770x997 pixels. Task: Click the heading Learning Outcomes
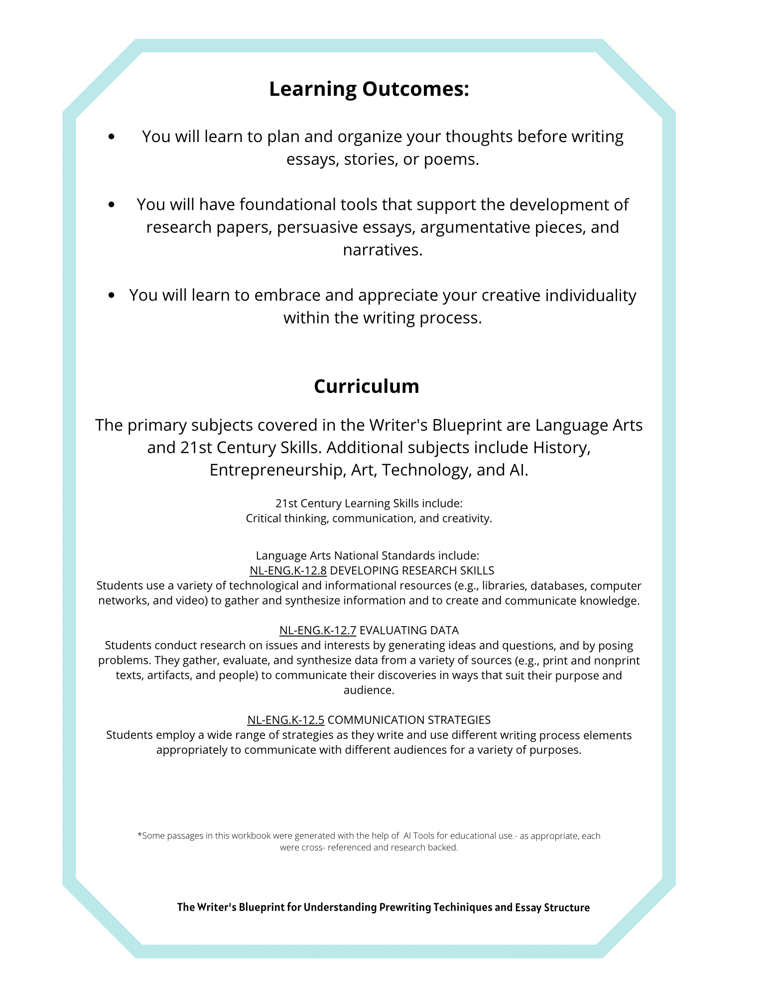(x=369, y=89)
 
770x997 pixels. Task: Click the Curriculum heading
(x=367, y=386)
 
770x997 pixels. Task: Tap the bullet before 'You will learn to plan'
(x=111, y=136)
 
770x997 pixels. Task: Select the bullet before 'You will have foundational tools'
(x=111, y=204)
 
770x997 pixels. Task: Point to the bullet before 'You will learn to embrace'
(x=111, y=295)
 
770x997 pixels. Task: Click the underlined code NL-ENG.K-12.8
(x=288, y=570)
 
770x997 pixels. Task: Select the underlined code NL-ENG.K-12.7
(x=318, y=630)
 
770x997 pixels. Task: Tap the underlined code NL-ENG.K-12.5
(x=286, y=720)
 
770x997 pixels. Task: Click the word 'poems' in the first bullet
(x=450, y=160)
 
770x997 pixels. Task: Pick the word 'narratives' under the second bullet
(x=382, y=250)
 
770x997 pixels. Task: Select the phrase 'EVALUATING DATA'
(x=409, y=630)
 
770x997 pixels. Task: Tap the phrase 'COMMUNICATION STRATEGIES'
(x=409, y=720)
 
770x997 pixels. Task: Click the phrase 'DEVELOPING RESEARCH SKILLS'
(x=412, y=570)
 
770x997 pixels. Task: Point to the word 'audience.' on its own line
(x=369, y=690)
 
